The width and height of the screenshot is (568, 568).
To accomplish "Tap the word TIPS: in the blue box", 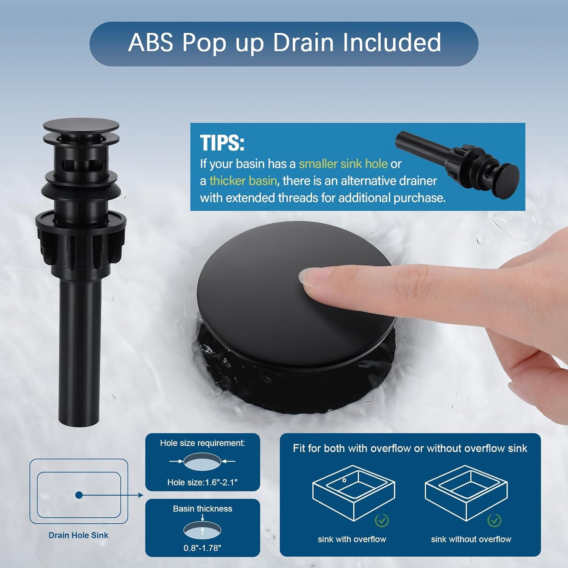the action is (222, 143).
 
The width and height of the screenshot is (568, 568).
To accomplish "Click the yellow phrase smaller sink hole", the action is (343, 164).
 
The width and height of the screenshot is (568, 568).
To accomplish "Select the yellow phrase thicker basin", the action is (243, 181).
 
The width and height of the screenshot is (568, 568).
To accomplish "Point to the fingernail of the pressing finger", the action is (309, 278).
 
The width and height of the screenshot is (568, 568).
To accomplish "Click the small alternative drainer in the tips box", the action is (457, 159).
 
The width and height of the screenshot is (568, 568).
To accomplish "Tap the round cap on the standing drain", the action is (81, 125).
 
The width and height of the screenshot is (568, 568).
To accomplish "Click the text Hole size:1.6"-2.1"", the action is (203, 482).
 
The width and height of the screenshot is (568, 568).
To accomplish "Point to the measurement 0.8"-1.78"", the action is (203, 548).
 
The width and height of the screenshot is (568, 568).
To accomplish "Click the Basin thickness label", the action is (203, 509).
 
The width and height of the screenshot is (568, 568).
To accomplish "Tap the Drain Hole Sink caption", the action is (78, 535).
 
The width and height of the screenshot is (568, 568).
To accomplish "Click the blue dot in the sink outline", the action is (79, 495).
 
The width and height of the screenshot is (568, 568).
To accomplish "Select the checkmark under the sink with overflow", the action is (382, 521).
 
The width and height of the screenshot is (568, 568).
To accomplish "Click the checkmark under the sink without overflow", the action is (494, 520).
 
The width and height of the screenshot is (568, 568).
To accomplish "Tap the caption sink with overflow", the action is (352, 539).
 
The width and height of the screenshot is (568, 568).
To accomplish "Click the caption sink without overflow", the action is (471, 539).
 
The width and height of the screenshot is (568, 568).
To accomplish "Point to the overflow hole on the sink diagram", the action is (344, 481).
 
